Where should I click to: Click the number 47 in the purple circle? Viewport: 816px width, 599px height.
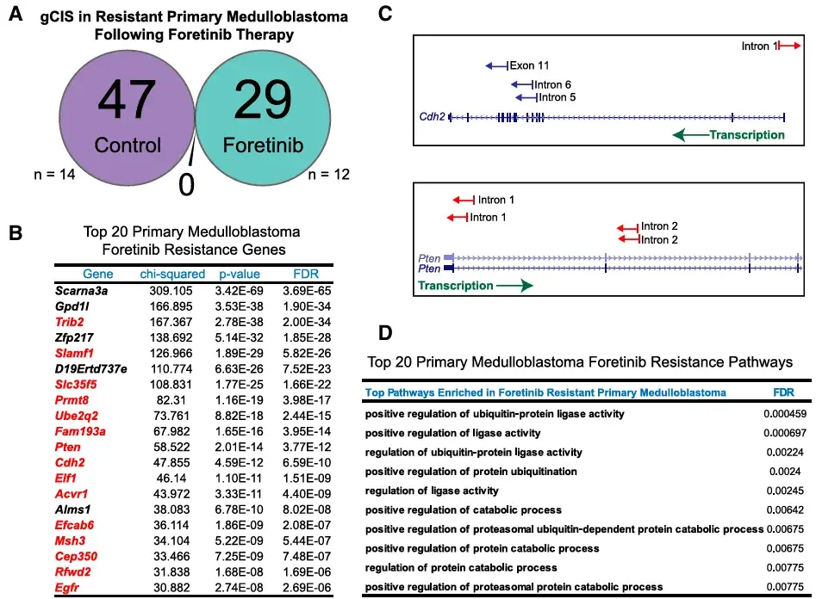pos(127,99)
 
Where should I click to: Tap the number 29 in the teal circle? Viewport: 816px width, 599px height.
pos(263,99)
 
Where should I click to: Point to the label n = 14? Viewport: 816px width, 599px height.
pos(54,174)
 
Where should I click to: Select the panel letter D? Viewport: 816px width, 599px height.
pos(385,333)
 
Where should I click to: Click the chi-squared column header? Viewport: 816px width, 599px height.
pos(172,274)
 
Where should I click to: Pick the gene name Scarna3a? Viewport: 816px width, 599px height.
pos(81,291)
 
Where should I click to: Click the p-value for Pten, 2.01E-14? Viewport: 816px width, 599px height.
pos(240,448)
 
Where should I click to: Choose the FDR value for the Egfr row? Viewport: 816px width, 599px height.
pos(307,588)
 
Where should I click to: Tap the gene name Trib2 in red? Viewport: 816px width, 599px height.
pos(69,322)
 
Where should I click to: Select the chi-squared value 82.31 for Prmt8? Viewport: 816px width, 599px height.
pos(171,400)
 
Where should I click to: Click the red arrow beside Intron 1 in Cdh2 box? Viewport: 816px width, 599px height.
pos(789,46)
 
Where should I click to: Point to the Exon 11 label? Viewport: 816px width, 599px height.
pos(529,65)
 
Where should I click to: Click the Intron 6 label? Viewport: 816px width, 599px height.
pos(552,84)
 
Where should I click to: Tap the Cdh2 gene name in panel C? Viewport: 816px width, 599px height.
pos(432,116)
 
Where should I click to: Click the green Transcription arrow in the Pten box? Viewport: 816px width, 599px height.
pos(514,286)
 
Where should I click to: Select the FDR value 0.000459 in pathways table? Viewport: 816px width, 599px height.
pos(785,414)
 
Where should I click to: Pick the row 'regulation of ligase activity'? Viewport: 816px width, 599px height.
pos(432,491)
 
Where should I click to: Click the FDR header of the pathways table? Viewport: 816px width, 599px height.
pos(784,392)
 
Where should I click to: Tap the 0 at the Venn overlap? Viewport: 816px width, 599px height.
pos(186,184)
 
